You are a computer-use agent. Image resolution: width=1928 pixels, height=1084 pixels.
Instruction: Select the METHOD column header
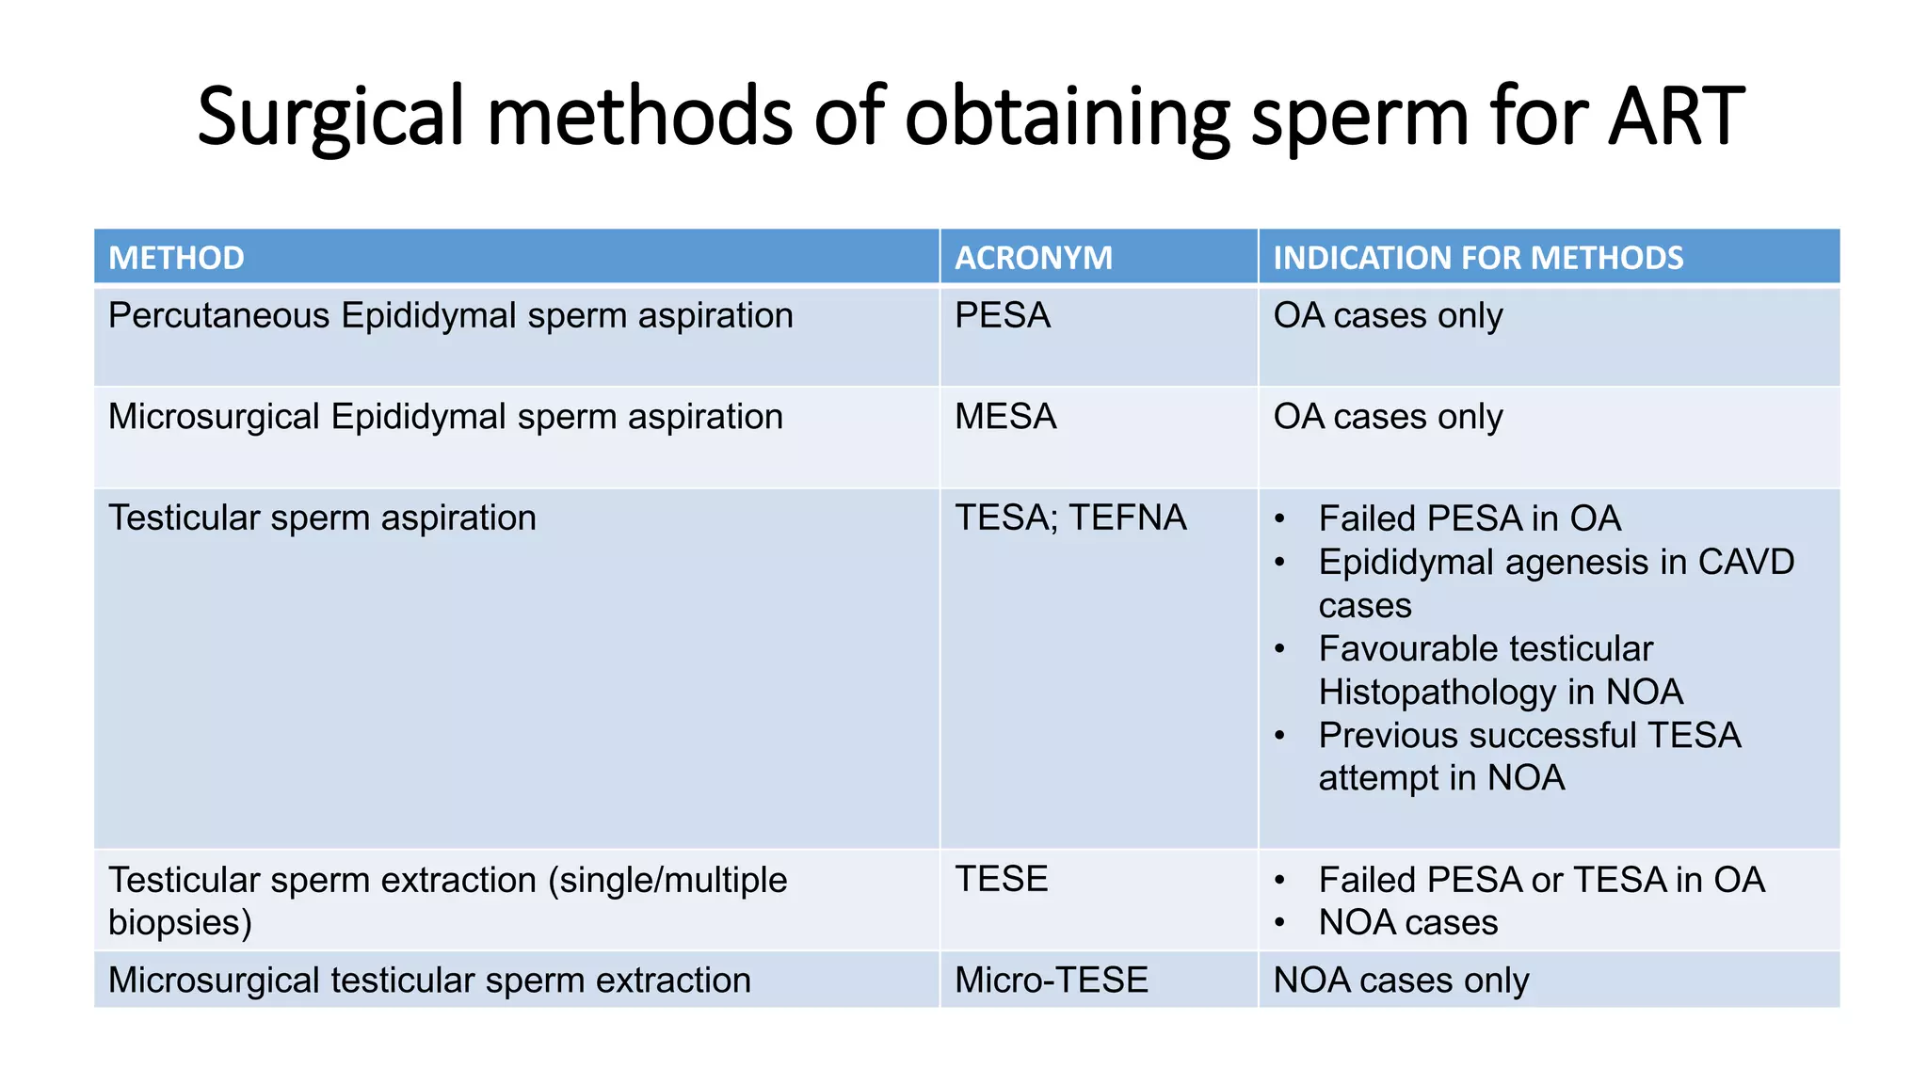(x=176, y=258)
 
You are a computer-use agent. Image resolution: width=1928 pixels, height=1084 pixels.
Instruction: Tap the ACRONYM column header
(x=1033, y=258)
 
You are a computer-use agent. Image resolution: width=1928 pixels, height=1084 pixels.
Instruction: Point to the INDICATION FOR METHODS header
(x=1478, y=258)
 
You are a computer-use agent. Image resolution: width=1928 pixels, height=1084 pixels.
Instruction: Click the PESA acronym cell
(x=1002, y=315)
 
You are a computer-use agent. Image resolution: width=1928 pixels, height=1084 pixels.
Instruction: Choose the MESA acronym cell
(x=1004, y=417)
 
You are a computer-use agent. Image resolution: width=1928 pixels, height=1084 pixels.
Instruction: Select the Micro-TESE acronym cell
(x=1051, y=980)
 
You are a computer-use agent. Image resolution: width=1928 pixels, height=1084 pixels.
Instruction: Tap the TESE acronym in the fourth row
(x=1001, y=879)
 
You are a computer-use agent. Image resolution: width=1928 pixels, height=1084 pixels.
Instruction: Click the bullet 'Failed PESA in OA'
(x=1469, y=518)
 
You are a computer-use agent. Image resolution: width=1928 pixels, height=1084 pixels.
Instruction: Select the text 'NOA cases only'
(x=1400, y=980)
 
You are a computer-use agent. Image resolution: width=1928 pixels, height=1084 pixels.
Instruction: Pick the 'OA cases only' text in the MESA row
(x=1388, y=417)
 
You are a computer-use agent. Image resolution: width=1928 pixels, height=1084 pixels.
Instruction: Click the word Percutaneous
(x=218, y=315)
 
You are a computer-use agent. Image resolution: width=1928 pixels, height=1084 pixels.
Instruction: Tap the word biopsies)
(x=180, y=922)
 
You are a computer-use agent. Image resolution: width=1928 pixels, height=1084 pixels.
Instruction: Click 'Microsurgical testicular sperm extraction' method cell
(x=429, y=980)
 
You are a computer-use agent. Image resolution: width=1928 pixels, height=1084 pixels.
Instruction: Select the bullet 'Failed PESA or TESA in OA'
(x=1540, y=880)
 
